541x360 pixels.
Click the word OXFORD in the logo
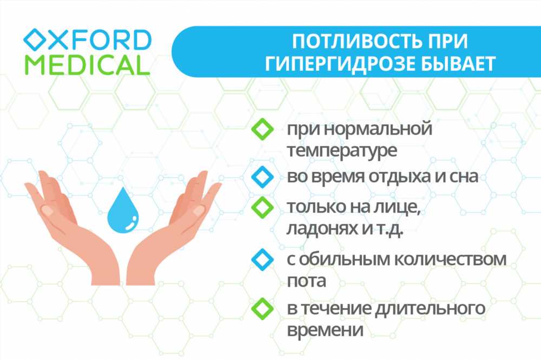click(x=87, y=40)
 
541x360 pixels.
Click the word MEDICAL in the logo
click(x=87, y=64)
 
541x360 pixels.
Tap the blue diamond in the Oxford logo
click(x=35, y=40)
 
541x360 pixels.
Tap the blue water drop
click(x=123, y=210)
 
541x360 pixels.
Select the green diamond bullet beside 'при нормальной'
click(x=262, y=129)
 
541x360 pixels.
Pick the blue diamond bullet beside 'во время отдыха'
click(x=262, y=177)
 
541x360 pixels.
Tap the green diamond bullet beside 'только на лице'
click(x=262, y=207)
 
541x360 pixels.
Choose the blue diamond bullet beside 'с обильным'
click(x=262, y=259)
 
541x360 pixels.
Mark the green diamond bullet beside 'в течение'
click(x=262, y=309)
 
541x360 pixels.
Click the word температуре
click(x=342, y=151)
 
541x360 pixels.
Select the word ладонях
click(x=321, y=229)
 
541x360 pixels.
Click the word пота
click(x=306, y=281)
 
